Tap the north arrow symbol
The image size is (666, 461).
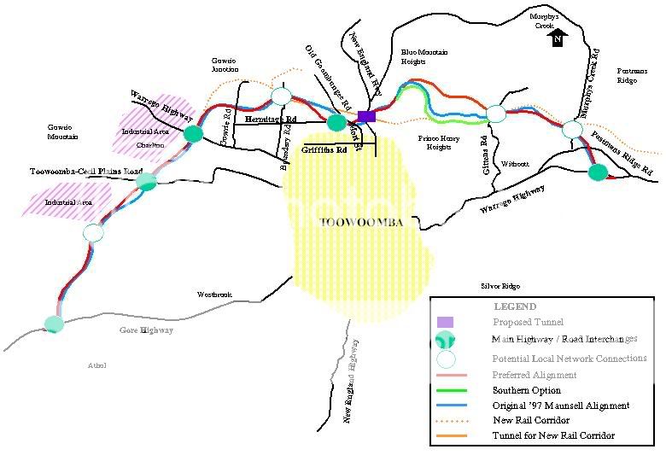[x=558, y=38]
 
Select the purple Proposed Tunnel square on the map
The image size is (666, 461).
[x=367, y=116]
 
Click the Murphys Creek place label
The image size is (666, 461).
[x=545, y=21]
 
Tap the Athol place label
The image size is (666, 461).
[x=96, y=365]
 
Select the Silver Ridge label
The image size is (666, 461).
[x=499, y=286]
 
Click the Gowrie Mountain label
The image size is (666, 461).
[x=62, y=131]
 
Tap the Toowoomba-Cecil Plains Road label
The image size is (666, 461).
[x=86, y=172]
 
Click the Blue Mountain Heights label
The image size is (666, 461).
[x=424, y=57]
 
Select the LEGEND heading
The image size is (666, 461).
[x=515, y=306]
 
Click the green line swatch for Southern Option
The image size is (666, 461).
[x=460, y=390]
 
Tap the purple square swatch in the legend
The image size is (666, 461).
[x=444, y=322]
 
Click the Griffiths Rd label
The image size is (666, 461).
[x=324, y=149]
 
